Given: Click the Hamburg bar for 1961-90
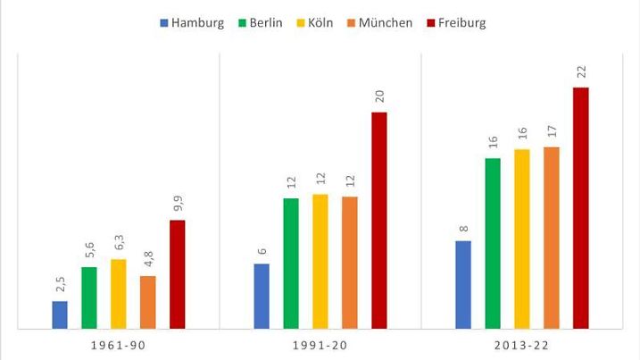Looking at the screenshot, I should (x=60, y=315).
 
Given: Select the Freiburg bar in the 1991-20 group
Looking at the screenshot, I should (x=379, y=221).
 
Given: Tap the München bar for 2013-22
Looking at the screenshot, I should (x=552, y=239).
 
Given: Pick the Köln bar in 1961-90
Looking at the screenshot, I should (x=119, y=294).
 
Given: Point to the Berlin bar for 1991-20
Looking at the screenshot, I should (x=291, y=264).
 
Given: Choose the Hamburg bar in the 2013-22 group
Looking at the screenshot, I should (x=463, y=285).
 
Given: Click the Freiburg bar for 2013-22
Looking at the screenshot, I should (x=581, y=208).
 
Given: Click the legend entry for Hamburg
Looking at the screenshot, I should (x=191, y=22).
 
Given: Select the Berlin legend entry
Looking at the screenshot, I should (x=258, y=22).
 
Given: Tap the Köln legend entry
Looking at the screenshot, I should (x=315, y=22).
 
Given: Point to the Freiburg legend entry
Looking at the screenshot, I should (x=454, y=22).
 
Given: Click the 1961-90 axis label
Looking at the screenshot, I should (x=119, y=345).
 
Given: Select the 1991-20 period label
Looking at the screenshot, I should (x=320, y=345).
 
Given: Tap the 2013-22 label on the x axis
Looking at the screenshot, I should (x=522, y=345).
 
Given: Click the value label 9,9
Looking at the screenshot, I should (x=178, y=205).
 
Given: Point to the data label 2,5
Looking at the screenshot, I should (x=60, y=286).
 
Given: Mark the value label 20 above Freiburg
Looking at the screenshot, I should (x=379, y=97).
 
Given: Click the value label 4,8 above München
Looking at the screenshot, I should (x=148, y=260).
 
